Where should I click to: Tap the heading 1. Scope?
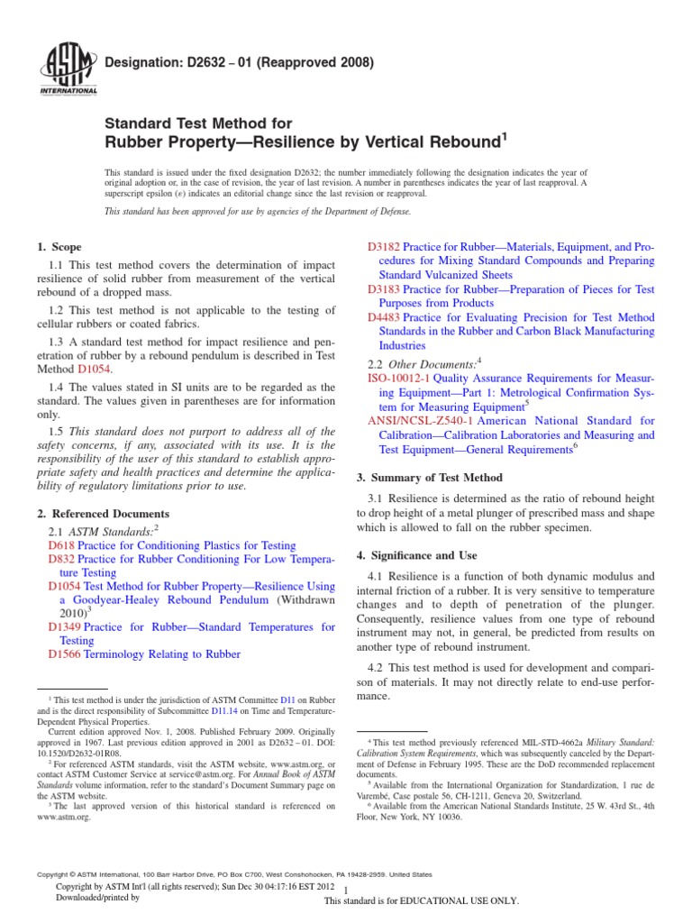(59, 247)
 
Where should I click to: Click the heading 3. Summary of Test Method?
(430, 478)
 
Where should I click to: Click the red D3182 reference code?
(385, 247)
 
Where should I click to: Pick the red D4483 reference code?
(385, 317)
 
